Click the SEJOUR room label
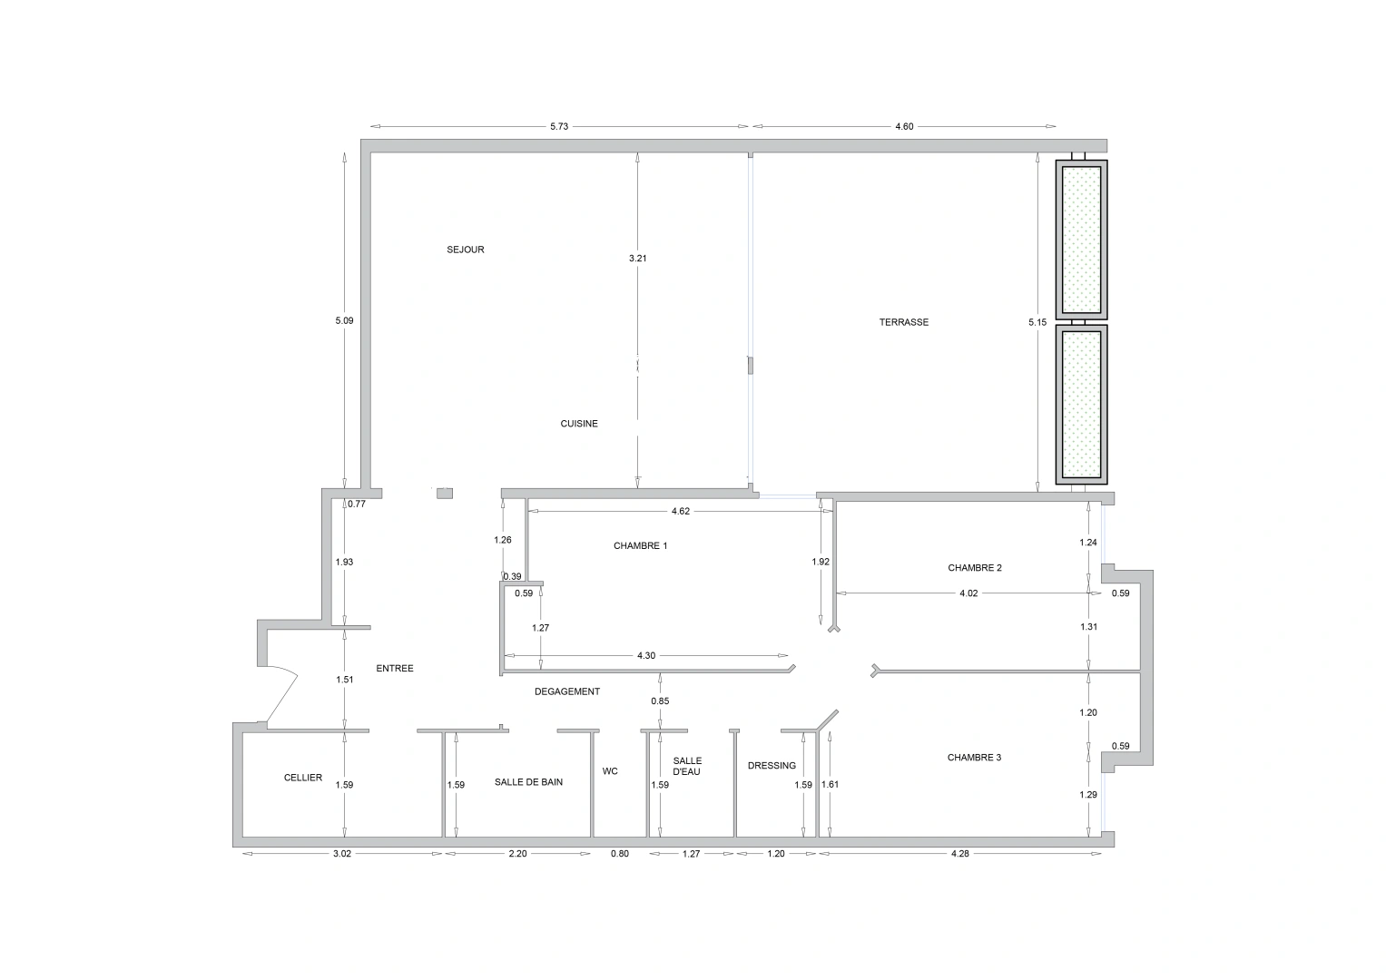point(465,250)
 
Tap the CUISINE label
point(578,424)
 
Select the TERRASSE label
point(903,322)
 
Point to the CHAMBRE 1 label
point(640,546)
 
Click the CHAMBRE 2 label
point(974,568)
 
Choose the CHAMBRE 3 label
point(974,758)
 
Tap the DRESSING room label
point(772,766)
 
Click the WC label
point(610,771)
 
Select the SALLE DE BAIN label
point(528,782)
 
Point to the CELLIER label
point(302,778)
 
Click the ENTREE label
point(394,669)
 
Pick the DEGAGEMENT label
point(566,691)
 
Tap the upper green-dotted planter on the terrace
point(1081,238)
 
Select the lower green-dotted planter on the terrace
point(1081,404)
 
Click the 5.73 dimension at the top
point(558,127)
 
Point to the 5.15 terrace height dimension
point(1037,322)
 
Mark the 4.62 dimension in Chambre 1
point(680,512)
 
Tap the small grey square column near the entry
point(445,493)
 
